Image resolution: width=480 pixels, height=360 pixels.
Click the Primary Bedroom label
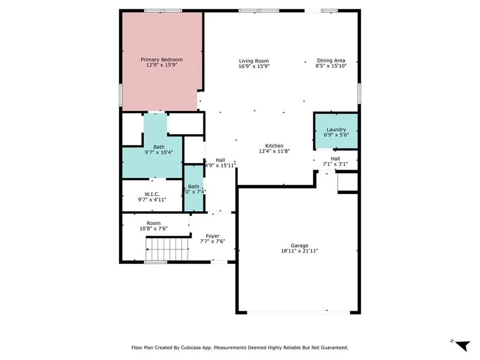tap(162, 60)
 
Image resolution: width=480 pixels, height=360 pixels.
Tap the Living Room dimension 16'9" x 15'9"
tap(254, 67)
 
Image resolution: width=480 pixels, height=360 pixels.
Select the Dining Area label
tap(331, 60)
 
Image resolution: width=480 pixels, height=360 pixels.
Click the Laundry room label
tap(336, 129)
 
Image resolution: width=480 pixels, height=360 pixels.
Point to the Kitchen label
tap(274, 146)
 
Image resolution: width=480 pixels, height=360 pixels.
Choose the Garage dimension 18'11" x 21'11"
tap(299, 251)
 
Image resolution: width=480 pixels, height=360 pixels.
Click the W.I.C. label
tap(152, 194)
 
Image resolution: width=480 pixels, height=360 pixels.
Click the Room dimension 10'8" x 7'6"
tap(153, 229)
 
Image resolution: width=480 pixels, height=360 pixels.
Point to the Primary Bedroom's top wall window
tap(163, 10)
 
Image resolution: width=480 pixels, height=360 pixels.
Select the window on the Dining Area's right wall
tap(359, 93)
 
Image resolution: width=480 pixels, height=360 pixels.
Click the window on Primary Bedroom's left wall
tap(120, 95)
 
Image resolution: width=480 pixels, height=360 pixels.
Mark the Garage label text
tap(299, 245)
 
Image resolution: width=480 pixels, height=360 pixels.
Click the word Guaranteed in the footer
tap(332, 347)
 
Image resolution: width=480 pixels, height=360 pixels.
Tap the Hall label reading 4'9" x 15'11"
tap(220, 165)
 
